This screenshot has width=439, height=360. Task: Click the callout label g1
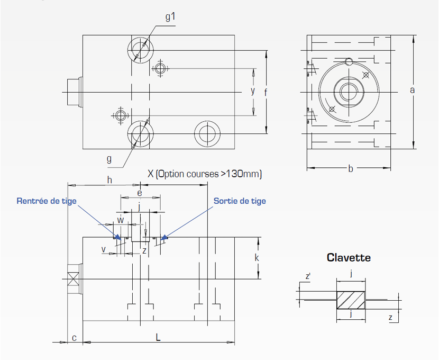pos(170,17)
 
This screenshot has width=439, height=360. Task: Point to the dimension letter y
pos(253,91)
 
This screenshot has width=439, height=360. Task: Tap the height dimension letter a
pos(413,90)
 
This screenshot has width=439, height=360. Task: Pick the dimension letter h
pos(109,180)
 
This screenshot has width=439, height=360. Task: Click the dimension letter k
pos(257,258)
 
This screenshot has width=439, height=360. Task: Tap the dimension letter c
pos(74,337)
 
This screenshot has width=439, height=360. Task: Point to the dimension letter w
pos(121,219)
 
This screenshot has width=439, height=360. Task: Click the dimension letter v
pos(104,248)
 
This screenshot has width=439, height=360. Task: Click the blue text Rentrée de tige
pos(47,201)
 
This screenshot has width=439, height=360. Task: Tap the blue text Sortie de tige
pos(240,201)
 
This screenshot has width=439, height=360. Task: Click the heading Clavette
pos(349,258)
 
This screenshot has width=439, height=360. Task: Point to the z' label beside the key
pos(308,276)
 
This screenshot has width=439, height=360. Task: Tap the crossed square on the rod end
pos(73,279)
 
